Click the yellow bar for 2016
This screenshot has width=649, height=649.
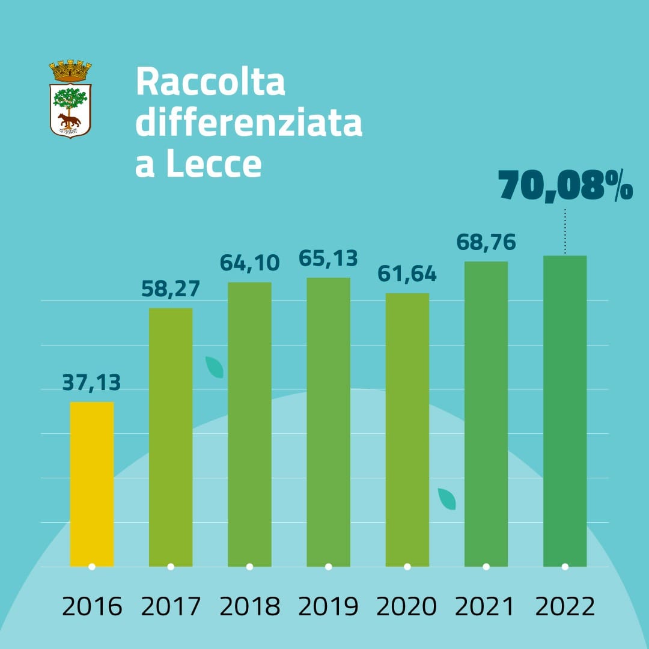pyautogui.click(x=92, y=484)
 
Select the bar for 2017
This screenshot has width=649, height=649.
pyautogui.click(x=171, y=437)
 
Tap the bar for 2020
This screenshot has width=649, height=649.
pyautogui.click(x=407, y=430)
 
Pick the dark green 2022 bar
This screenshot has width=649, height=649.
pyautogui.click(x=565, y=411)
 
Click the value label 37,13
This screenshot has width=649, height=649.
pyautogui.click(x=92, y=382)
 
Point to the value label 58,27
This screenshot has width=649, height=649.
pyautogui.click(x=171, y=288)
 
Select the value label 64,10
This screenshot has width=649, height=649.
pyautogui.click(x=249, y=263)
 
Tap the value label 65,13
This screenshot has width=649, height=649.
pyautogui.click(x=328, y=258)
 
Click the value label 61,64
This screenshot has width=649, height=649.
pyautogui.click(x=407, y=274)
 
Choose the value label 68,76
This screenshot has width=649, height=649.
pyautogui.click(x=486, y=242)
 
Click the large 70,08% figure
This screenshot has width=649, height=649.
pyautogui.click(x=565, y=186)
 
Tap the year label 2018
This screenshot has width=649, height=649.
pyautogui.click(x=249, y=607)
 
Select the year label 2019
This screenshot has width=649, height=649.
pyautogui.click(x=328, y=607)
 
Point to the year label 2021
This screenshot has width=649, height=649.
pyautogui.click(x=486, y=607)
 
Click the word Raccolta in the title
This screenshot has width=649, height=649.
pyautogui.click(x=210, y=82)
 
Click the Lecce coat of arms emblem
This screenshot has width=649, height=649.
pyautogui.click(x=70, y=99)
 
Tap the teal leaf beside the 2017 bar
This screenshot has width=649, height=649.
pyautogui.click(x=215, y=367)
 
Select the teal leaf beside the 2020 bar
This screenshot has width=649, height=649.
pyautogui.click(x=446, y=499)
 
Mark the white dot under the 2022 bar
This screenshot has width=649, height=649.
pyautogui.click(x=565, y=566)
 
